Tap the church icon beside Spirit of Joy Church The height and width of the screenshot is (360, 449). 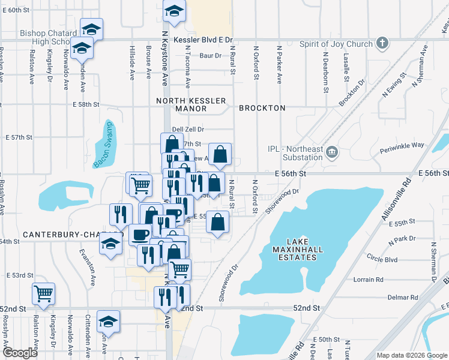click(x=381, y=43)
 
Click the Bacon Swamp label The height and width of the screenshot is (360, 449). click(x=103, y=145)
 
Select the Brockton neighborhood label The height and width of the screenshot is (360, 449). click(x=262, y=108)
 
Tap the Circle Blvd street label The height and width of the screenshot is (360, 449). click(x=384, y=260)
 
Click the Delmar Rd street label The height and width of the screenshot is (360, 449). click(x=403, y=297)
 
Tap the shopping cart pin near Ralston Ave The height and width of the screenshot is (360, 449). click(x=43, y=293)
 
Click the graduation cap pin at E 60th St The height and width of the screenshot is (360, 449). click(x=174, y=12)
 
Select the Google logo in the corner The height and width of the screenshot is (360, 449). click(x=20, y=353)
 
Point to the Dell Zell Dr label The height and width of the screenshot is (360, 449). click(x=188, y=129)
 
